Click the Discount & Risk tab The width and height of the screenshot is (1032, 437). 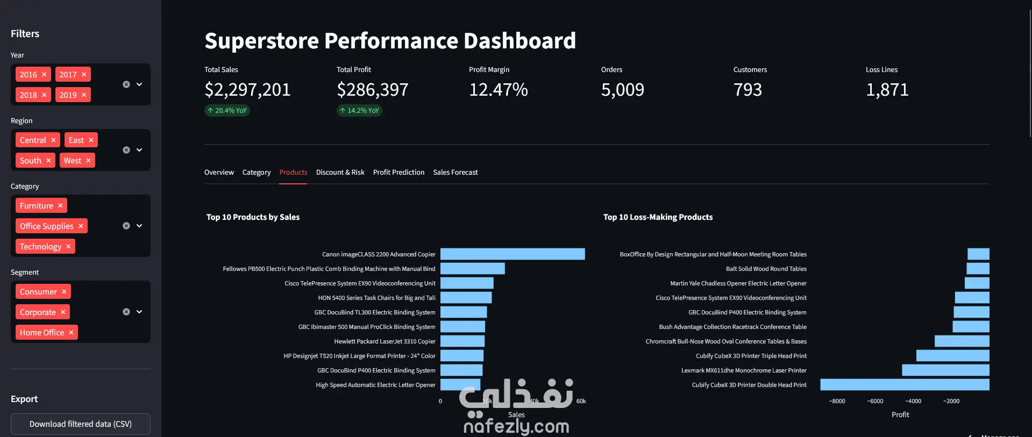(340, 172)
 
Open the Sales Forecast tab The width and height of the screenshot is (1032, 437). (455, 172)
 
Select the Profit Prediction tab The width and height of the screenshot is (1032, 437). (398, 172)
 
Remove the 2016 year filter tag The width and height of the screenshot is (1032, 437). (44, 75)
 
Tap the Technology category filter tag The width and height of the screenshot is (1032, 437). (40, 247)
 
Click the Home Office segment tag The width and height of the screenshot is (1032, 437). (41, 333)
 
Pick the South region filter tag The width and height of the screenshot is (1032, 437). (30, 161)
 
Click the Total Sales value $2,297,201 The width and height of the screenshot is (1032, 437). (247, 90)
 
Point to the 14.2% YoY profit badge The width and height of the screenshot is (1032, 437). (359, 111)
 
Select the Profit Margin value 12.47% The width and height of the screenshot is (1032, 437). (498, 90)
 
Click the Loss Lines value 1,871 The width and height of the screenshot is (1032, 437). (887, 90)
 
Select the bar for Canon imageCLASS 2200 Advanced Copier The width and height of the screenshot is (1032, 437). (512, 254)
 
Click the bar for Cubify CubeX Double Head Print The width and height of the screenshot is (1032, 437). (905, 385)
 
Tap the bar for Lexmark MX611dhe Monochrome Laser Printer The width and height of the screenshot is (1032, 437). (945, 370)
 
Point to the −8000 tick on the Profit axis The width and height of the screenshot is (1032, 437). (837, 401)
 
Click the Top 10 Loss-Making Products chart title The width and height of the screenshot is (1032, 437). (658, 217)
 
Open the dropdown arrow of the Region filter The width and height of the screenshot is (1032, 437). (139, 150)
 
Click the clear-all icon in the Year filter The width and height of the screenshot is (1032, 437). (126, 84)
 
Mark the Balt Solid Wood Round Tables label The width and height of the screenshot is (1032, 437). (766, 269)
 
